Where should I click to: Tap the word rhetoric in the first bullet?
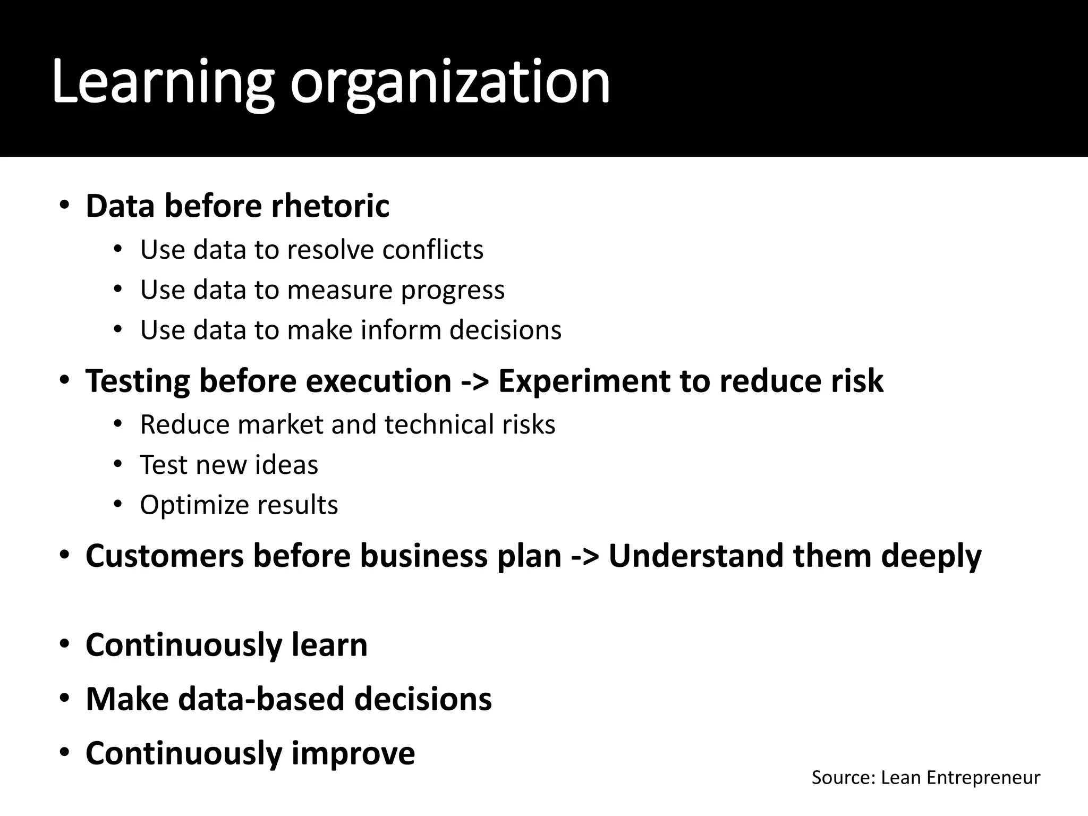tap(330, 206)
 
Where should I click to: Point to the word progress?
tap(453, 291)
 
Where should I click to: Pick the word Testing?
tap(138, 381)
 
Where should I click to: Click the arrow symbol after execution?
tap(474, 381)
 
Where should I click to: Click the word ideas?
tap(286, 465)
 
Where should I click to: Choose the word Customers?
tap(165, 556)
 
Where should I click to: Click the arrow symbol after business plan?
tap(585, 556)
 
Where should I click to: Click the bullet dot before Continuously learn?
tap(64, 644)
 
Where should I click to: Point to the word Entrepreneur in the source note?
tap(983, 778)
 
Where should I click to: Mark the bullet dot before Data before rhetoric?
tap(64, 206)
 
